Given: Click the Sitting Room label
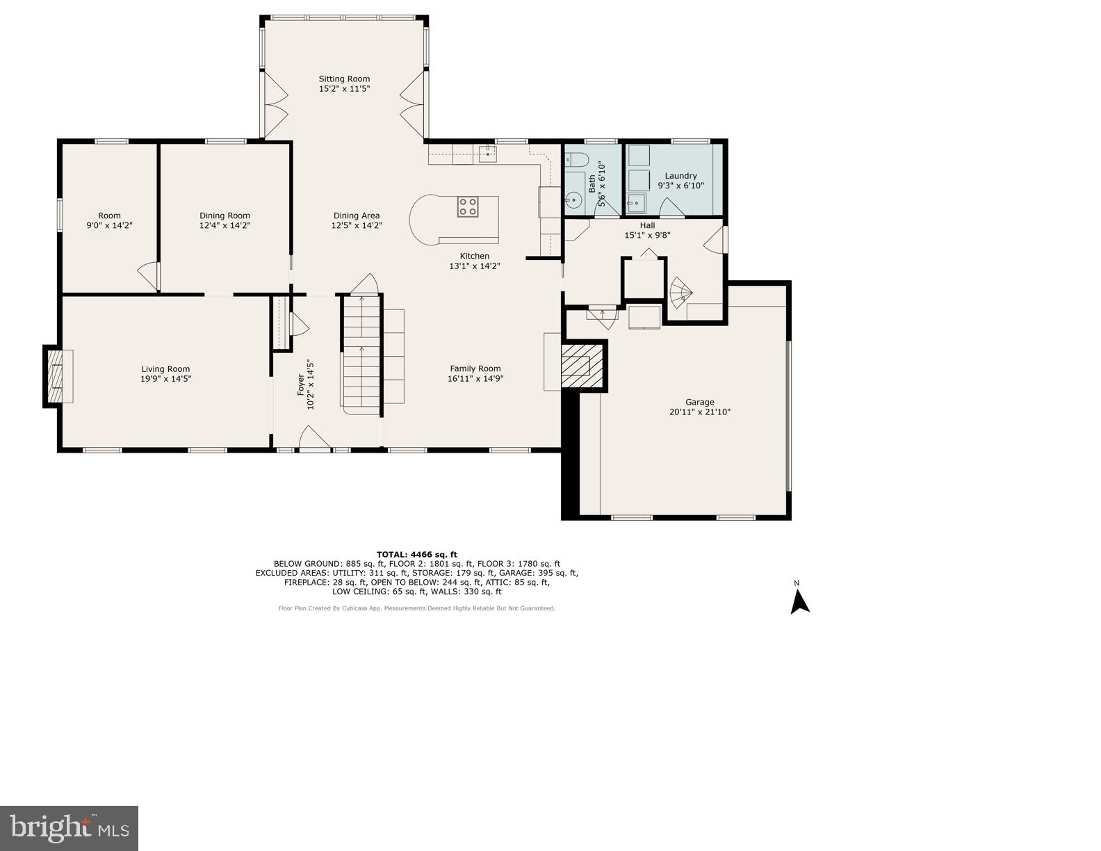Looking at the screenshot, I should pyautogui.click(x=344, y=79).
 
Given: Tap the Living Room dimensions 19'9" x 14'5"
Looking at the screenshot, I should pyautogui.click(x=165, y=379).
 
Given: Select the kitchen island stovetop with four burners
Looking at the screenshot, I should pyautogui.click(x=468, y=206).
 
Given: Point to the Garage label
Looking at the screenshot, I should pyautogui.click(x=699, y=402).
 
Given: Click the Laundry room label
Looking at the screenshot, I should pyautogui.click(x=680, y=176).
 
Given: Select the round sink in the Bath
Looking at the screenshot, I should pyautogui.click(x=574, y=201).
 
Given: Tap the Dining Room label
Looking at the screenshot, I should pyautogui.click(x=225, y=216).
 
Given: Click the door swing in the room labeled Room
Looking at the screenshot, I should pyautogui.click(x=148, y=276).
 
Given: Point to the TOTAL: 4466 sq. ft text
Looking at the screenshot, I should pyautogui.click(x=416, y=554).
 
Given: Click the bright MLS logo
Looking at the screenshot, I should pyautogui.click(x=70, y=828).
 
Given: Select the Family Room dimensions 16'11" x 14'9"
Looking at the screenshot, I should pyautogui.click(x=475, y=379).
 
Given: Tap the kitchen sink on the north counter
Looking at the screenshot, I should pyautogui.click(x=487, y=153).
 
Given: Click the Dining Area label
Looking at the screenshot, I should pyautogui.click(x=356, y=216).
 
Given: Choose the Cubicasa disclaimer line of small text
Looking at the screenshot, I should pyautogui.click(x=416, y=608).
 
